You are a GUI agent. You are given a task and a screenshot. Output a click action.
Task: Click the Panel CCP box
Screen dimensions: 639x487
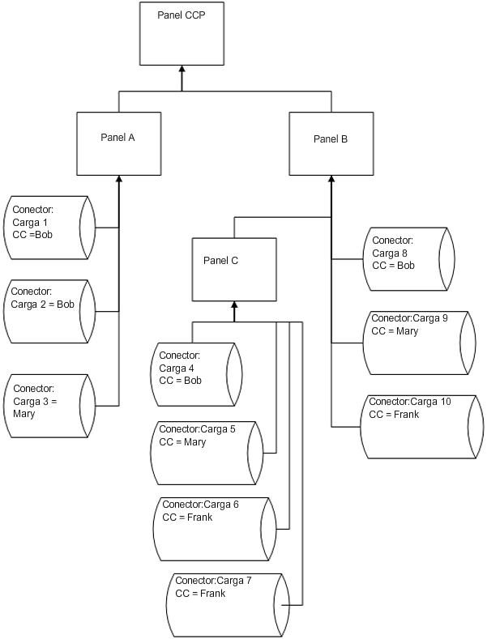click(182, 34)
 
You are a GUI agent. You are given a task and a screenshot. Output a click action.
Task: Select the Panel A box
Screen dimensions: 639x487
click(118, 143)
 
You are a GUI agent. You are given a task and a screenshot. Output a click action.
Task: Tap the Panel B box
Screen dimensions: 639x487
click(331, 143)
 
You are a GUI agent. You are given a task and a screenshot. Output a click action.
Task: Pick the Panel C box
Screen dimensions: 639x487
click(234, 268)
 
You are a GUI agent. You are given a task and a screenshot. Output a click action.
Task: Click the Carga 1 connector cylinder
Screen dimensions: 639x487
click(50, 228)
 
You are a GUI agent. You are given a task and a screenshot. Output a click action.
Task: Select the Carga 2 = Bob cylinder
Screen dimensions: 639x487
click(50, 311)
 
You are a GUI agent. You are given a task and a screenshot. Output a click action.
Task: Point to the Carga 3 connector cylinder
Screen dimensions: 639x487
click(50, 406)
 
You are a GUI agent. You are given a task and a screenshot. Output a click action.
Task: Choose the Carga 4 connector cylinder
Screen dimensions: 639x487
click(197, 374)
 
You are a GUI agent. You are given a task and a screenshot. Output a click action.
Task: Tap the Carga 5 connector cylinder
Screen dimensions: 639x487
click(207, 453)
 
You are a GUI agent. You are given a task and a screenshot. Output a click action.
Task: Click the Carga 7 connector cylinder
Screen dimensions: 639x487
click(229, 604)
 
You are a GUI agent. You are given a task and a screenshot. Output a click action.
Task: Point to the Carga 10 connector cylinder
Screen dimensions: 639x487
click(418, 426)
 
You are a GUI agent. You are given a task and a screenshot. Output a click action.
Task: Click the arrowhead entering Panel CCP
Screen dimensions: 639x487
click(182, 71)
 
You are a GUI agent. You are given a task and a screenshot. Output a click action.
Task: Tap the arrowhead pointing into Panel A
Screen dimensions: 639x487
click(119, 180)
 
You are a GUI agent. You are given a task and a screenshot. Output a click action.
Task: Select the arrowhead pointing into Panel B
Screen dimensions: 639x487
click(331, 180)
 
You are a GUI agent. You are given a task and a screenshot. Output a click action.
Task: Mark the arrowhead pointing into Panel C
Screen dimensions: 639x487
click(234, 305)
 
